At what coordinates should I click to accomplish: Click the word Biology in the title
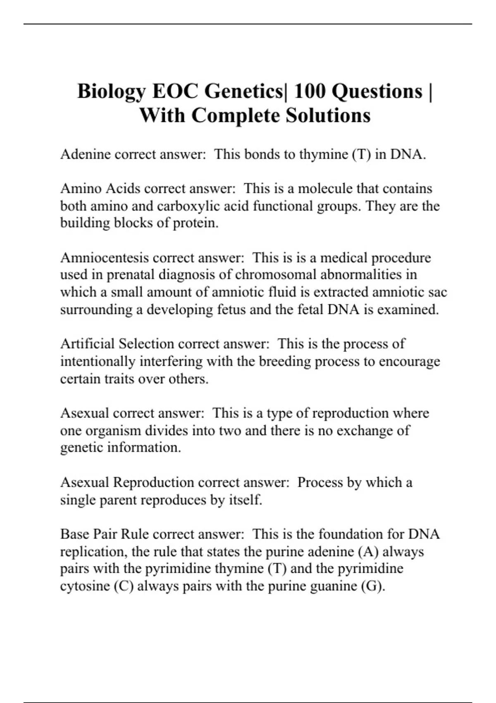pyautogui.click(x=111, y=91)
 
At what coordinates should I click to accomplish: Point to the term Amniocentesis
pyautogui.click(x=105, y=258)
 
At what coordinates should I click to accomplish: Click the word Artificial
pyautogui.click(x=88, y=344)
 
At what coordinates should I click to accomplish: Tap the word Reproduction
pyautogui.click(x=153, y=482)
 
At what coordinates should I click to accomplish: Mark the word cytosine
pyautogui.click(x=85, y=586)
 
